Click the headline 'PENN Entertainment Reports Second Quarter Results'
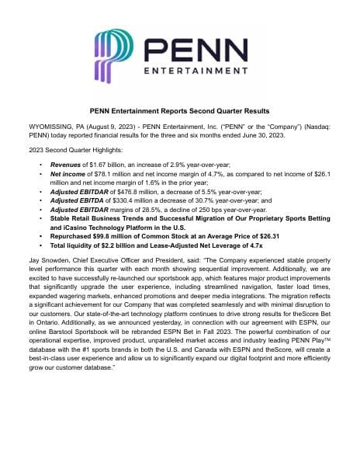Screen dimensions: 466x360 (180, 111)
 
